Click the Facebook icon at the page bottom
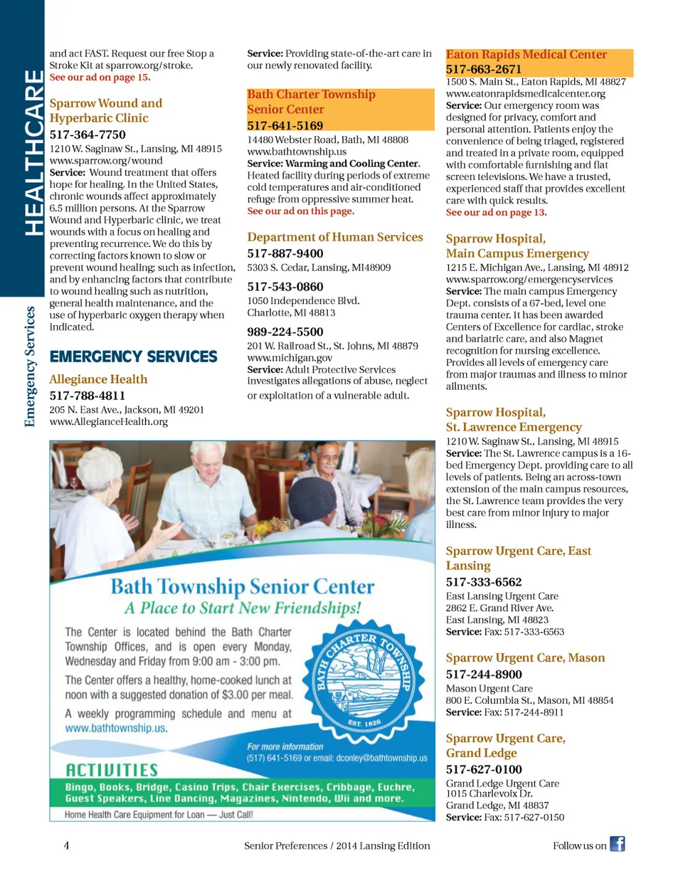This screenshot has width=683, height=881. click(617, 844)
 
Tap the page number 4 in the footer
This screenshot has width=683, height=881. click(66, 845)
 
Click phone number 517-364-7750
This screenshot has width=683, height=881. click(88, 134)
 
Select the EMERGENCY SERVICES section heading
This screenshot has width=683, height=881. click(134, 357)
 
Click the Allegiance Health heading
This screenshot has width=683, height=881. click(98, 379)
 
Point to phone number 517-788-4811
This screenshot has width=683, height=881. click(88, 396)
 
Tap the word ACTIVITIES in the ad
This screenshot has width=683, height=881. click(112, 770)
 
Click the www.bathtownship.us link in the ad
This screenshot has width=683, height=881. click(116, 728)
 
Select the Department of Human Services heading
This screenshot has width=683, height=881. click(335, 237)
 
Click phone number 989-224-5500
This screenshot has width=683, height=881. click(285, 332)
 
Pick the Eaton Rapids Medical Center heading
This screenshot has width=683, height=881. click(526, 55)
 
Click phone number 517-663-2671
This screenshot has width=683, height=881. click(484, 69)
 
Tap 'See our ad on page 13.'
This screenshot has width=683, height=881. click(497, 212)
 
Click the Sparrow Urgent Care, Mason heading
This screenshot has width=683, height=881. click(525, 658)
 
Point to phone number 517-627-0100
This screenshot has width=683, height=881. click(484, 769)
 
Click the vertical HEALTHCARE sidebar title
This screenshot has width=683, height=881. click(33, 152)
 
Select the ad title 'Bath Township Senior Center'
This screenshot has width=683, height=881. click(242, 586)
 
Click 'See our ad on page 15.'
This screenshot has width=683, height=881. click(100, 77)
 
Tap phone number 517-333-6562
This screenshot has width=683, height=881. click(484, 581)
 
